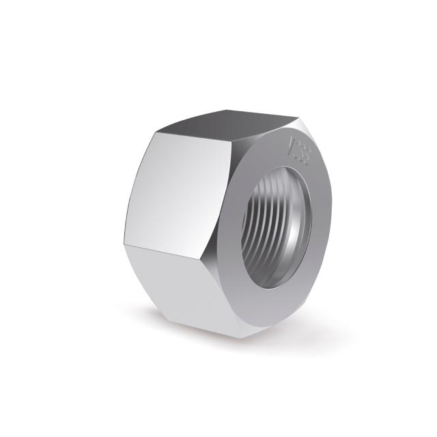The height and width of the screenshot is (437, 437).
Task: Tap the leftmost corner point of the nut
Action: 124,244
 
